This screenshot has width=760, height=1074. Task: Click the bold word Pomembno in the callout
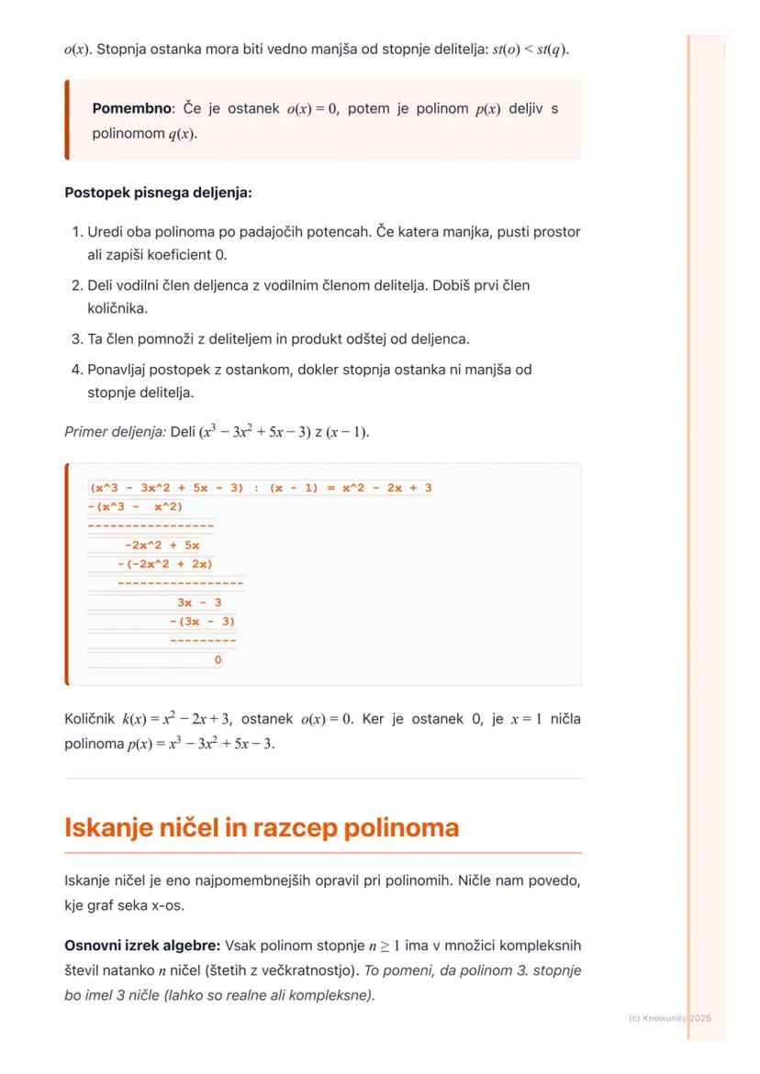click(x=131, y=109)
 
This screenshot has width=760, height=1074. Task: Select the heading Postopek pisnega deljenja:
click(x=158, y=193)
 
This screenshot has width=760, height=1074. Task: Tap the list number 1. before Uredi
click(x=77, y=232)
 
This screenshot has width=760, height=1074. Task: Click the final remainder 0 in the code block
click(x=218, y=659)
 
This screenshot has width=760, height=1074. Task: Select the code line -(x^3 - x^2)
click(x=135, y=507)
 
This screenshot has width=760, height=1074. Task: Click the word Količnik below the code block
click(x=90, y=719)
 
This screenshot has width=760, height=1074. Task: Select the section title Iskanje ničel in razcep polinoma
click(x=261, y=827)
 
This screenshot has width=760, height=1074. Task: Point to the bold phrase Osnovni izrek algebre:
click(x=142, y=946)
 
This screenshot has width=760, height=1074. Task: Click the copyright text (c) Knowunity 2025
click(x=669, y=1018)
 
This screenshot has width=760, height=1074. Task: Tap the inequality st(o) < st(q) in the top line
click(x=530, y=48)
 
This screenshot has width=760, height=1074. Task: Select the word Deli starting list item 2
click(x=102, y=286)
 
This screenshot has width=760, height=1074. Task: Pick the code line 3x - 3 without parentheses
click(x=199, y=603)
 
